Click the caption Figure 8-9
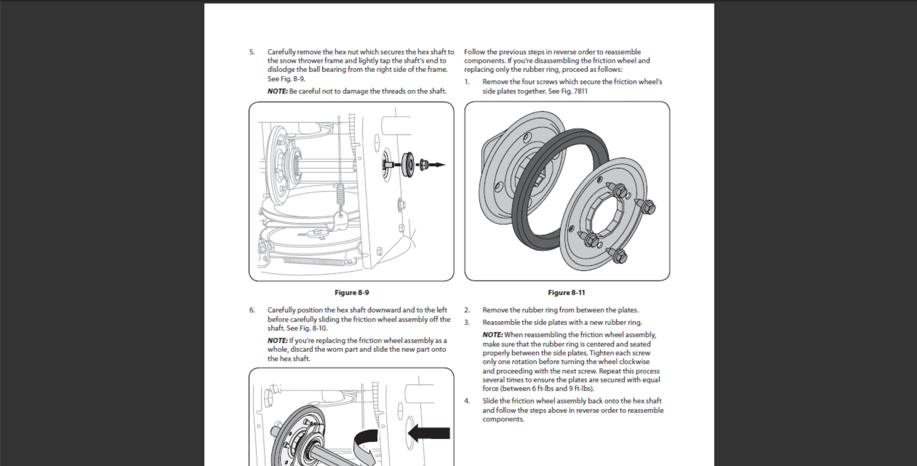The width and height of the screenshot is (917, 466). click(x=352, y=293)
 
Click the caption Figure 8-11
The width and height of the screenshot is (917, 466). click(x=566, y=293)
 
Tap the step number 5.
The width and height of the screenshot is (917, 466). click(x=252, y=52)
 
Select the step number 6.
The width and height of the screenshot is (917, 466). click(x=252, y=310)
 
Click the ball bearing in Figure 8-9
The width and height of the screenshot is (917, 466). click(x=408, y=165)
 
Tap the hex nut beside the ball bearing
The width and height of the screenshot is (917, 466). click(x=424, y=165)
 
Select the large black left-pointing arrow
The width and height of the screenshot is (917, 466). click(x=429, y=433)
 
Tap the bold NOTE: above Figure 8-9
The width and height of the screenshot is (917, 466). click(x=278, y=91)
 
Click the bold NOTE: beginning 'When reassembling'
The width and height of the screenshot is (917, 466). click(x=493, y=335)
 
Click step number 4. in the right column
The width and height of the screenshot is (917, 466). click(x=467, y=401)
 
